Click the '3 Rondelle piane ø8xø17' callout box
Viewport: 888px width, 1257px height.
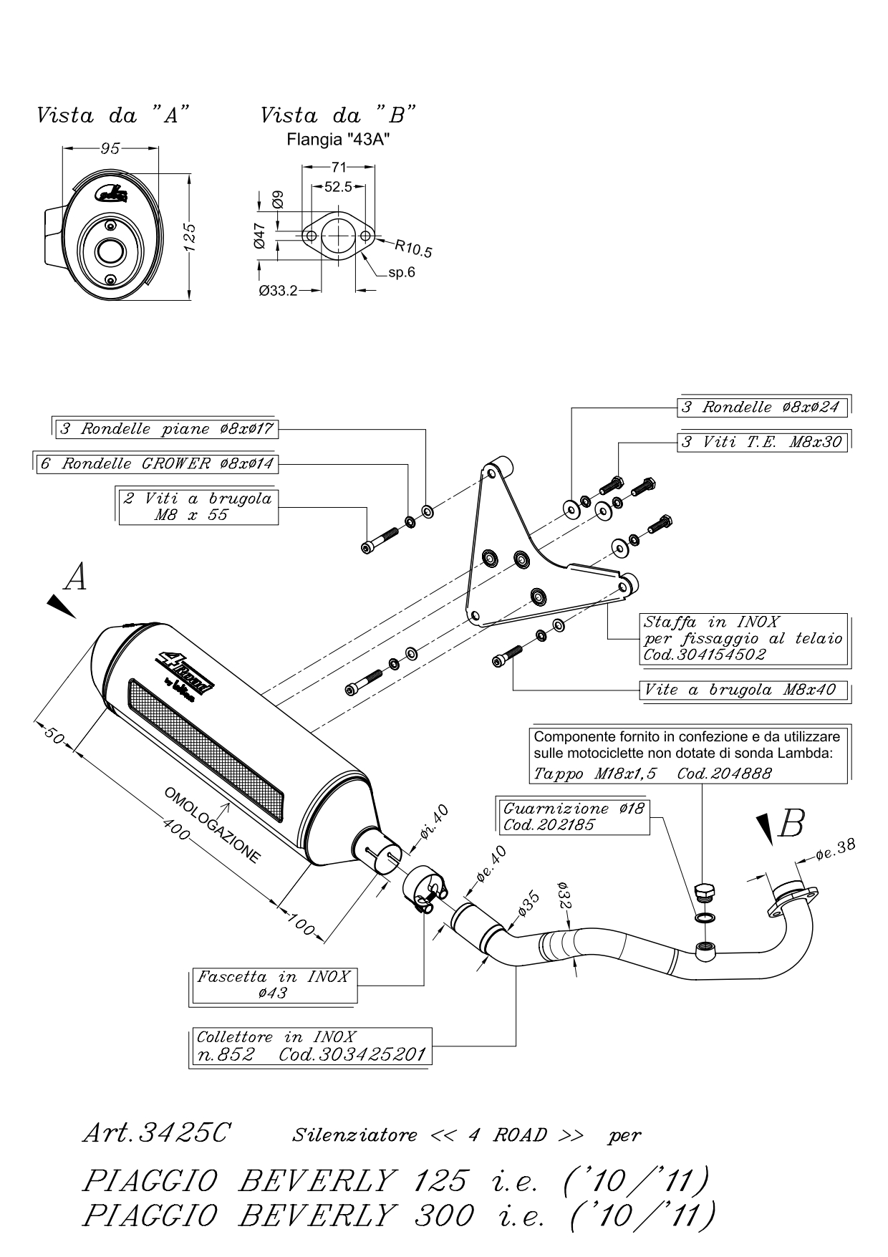coord(166,429)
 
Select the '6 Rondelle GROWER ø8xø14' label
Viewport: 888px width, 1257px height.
coord(157,463)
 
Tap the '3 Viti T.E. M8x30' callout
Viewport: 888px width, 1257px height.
coord(763,442)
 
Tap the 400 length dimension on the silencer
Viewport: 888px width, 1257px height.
coord(175,831)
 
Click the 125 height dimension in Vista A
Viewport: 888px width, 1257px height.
coord(190,237)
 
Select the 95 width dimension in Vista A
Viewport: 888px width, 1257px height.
coord(110,148)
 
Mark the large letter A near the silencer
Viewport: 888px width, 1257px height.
coord(75,577)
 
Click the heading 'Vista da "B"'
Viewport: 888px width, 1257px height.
coord(338,115)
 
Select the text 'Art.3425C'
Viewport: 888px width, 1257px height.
coord(156,1134)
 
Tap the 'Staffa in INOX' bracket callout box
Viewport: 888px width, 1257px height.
coord(743,637)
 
